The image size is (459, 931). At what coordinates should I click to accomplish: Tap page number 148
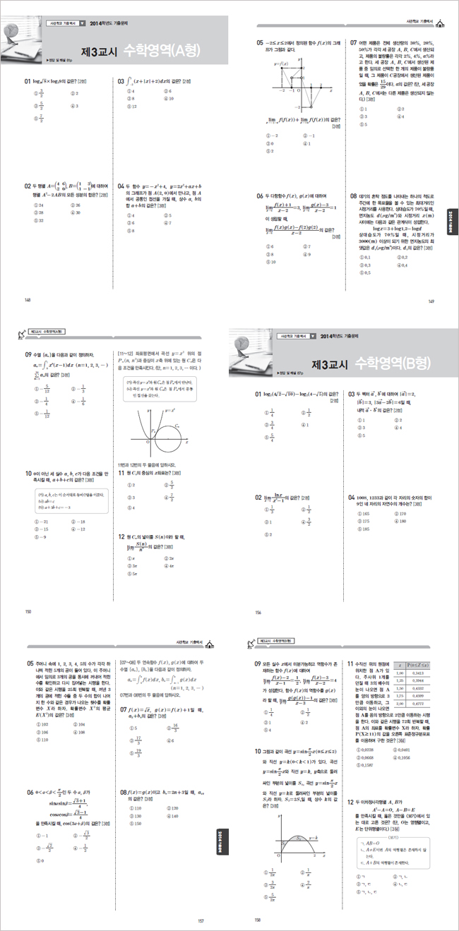click(x=28, y=300)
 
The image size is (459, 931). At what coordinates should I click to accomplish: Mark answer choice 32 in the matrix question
click(x=40, y=220)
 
